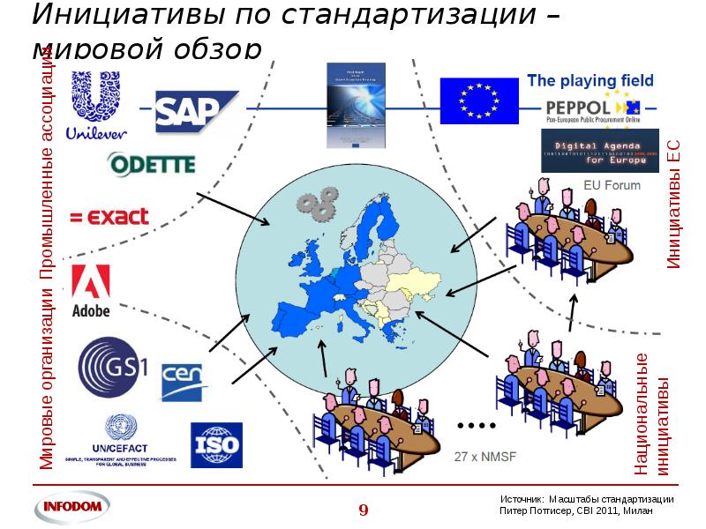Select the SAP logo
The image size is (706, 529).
(x=196, y=111)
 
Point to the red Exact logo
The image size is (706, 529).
(x=109, y=217)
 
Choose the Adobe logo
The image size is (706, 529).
(x=90, y=292)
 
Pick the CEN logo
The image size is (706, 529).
(x=184, y=381)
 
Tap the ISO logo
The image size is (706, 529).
(x=215, y=445)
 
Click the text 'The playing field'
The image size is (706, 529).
(x=590, y=81)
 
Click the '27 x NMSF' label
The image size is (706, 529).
(x=484, y=457)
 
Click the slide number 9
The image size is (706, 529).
(x=363, y=509)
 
